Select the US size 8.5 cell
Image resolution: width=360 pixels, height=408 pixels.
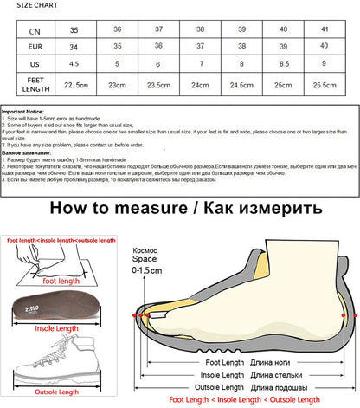click(283, 63)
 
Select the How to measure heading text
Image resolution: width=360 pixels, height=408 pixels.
click(113, 208)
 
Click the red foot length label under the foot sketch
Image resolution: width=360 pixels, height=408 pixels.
click(57, 282)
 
